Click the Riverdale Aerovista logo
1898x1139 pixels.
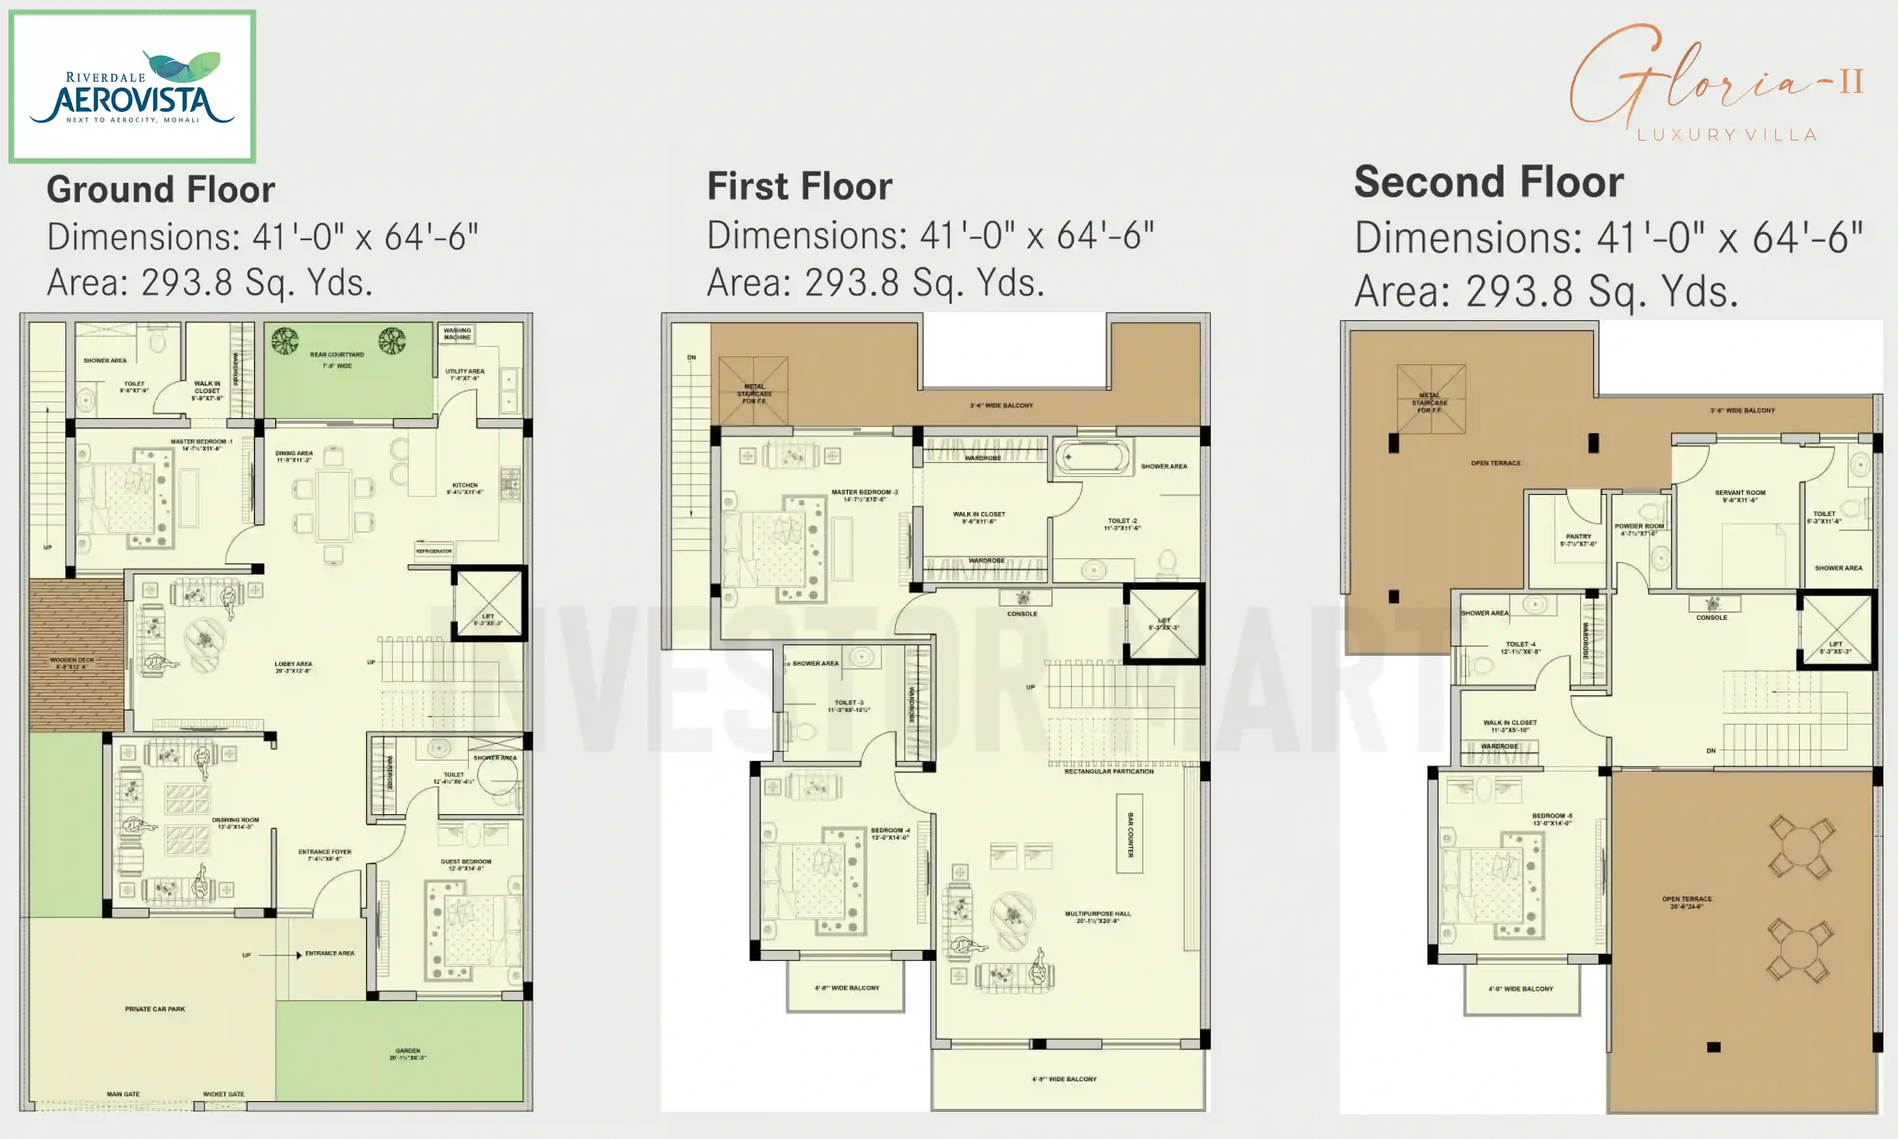point(132,86)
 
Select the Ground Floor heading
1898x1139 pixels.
point(160,189)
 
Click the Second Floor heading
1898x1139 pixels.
point(1489,183)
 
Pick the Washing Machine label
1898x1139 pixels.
point(457,333)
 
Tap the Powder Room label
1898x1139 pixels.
point(1639,529)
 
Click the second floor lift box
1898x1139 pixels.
point(1836,629)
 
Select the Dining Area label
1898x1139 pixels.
point(294,456)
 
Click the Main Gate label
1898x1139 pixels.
point(123,1094)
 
